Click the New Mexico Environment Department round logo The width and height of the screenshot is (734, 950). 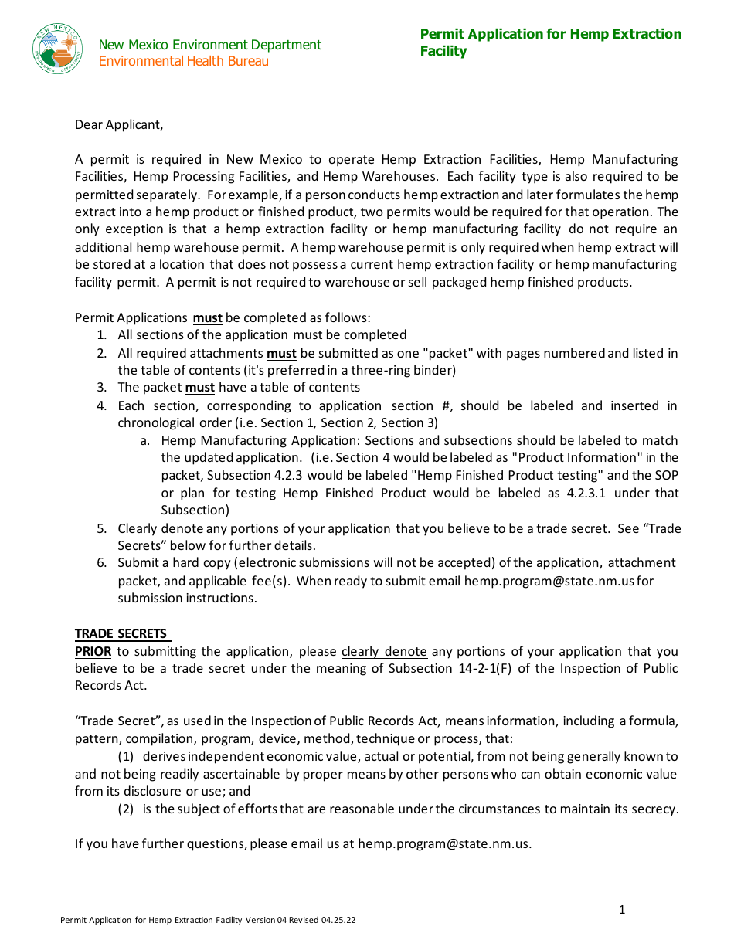point(57,49)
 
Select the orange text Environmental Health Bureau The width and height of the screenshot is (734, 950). point(184,62)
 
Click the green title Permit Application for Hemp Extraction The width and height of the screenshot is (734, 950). point(550,34)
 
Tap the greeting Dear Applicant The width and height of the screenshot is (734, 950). point(119,124)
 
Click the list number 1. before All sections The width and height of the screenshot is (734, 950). point(101,335)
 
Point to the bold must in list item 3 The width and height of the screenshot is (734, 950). point(199,388)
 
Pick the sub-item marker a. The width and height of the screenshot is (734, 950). point(144,441)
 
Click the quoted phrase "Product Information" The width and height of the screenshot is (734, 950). point(566,458)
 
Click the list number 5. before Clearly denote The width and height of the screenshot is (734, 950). point(101,529)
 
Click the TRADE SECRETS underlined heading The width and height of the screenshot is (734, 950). point(121,634)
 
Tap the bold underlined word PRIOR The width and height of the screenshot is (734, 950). point(93,652)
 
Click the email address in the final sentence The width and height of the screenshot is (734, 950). point(444,844)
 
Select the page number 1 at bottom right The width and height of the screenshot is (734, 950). point(622,910)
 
